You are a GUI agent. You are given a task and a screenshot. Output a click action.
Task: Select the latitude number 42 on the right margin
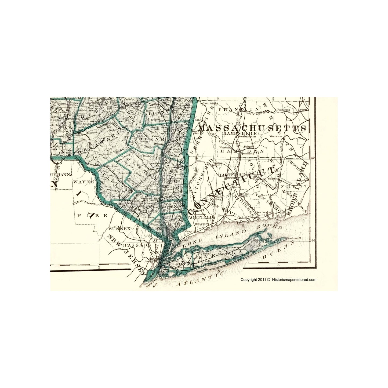tap(312, 158)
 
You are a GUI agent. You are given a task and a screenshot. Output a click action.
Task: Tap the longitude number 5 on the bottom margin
tap(279, 265)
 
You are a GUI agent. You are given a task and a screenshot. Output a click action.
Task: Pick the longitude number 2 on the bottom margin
tap(99, 267)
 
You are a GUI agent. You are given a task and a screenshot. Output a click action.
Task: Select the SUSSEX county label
tap(120, 229)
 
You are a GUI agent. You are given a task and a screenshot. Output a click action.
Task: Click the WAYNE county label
tap(84, 182)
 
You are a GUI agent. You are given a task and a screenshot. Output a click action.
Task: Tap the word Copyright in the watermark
tap(248, 280)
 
